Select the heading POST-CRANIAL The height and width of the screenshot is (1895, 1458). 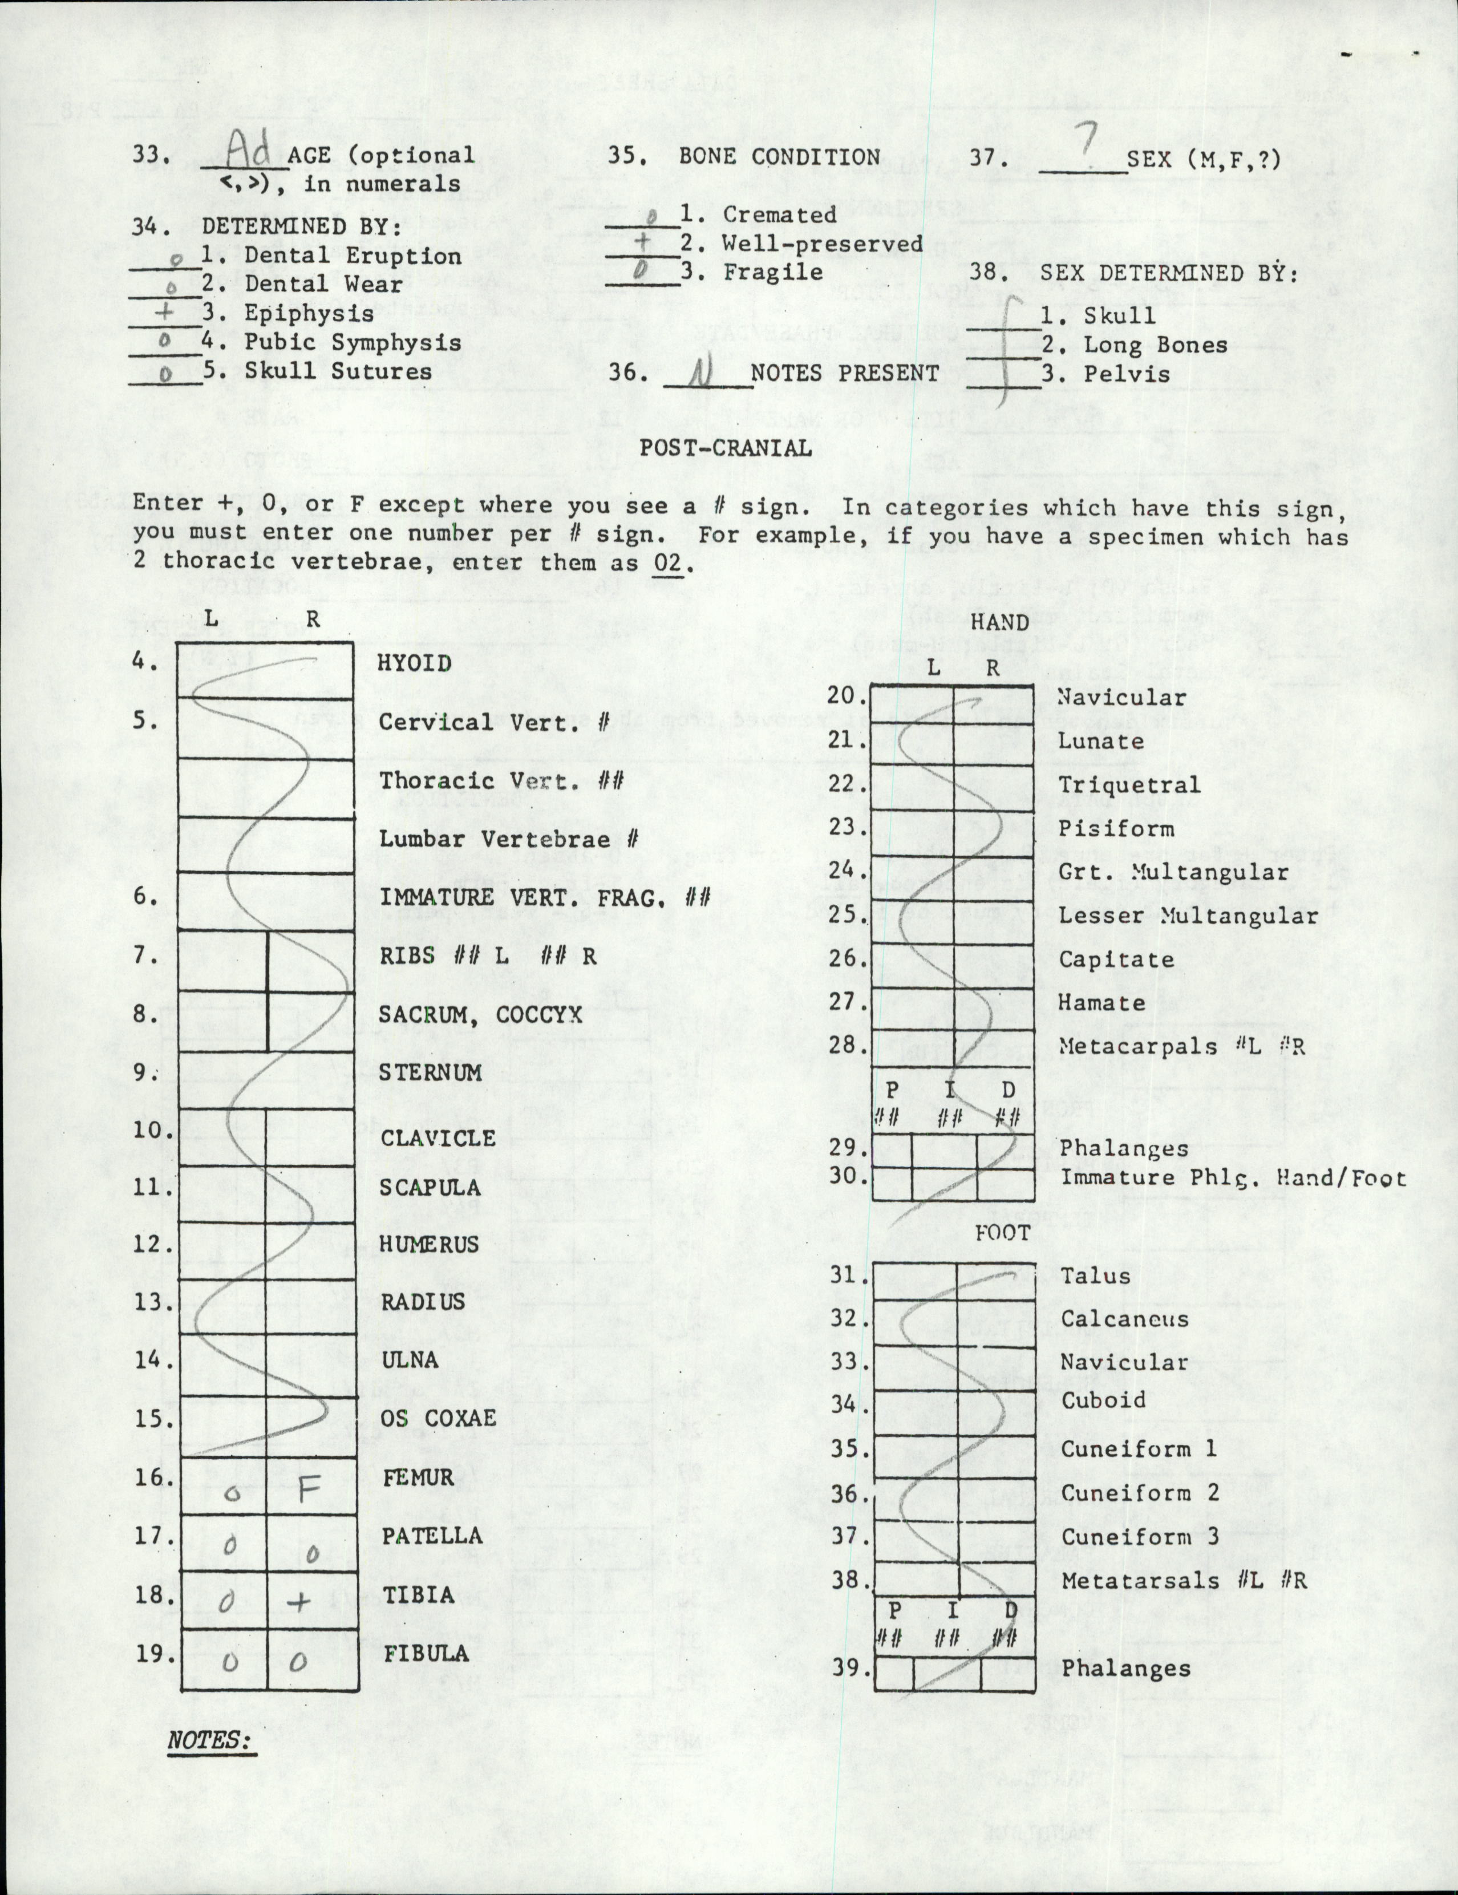726,448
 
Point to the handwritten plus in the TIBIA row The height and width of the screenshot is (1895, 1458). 298,1601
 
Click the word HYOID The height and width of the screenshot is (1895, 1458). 414,664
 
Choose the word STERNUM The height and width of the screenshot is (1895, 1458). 430,1072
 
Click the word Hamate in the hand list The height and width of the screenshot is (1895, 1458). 1101,1002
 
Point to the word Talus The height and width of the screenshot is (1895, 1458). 1095,1276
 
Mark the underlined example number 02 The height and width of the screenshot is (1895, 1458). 669,562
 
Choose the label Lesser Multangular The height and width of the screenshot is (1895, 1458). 1187,916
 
